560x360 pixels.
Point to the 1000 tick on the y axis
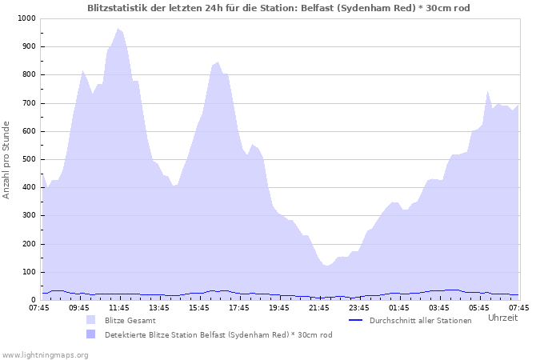(26, 18)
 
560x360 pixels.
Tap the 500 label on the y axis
(28, 159)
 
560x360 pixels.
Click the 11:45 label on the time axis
(119, 307)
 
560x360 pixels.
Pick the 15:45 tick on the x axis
(199, 307)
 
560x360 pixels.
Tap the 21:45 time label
(319, 307)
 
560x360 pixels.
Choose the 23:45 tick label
(359, 307)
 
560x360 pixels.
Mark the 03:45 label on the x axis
(439, 307)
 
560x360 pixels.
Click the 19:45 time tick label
(279, 307)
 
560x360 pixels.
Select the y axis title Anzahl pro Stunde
(7, 159)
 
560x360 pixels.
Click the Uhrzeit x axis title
(502, 318)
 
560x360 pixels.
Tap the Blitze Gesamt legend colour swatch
(90, 320)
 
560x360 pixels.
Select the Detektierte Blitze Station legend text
(218, 334)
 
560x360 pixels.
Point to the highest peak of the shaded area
(118, 29)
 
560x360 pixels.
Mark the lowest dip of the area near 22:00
(326, 266)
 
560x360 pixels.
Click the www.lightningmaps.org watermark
(45, 354)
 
